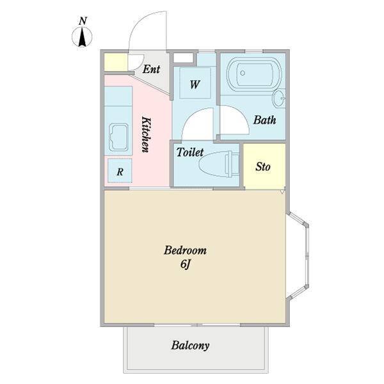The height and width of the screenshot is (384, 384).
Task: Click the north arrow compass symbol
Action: (82, 37)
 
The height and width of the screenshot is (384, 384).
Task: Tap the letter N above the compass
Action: (83, 21)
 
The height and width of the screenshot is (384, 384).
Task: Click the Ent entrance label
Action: (151, 69)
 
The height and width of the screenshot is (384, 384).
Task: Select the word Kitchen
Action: (146, 134)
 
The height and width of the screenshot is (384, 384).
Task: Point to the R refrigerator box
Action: (120, 170)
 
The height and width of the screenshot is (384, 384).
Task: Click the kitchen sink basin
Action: (119, 137)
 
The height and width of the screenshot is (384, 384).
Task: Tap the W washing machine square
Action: (195, 83)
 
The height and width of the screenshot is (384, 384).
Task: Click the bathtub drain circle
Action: (243, 73)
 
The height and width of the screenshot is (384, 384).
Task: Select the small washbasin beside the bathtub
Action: (279, 98)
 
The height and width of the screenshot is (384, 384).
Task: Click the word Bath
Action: (264, 120)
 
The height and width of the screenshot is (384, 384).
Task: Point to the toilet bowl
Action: (219, 164)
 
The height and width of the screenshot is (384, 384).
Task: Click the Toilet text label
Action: (190, 152)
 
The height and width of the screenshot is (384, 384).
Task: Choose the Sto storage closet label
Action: (263, 167)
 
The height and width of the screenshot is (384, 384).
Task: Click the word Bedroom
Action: (185, 250)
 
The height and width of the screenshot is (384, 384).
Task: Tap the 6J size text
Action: (186, 264)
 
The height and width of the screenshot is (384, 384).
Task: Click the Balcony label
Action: (190, 346)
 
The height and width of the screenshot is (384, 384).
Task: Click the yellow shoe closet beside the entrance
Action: (116, 62)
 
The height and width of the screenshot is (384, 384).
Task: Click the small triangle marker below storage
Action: (283, 191)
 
